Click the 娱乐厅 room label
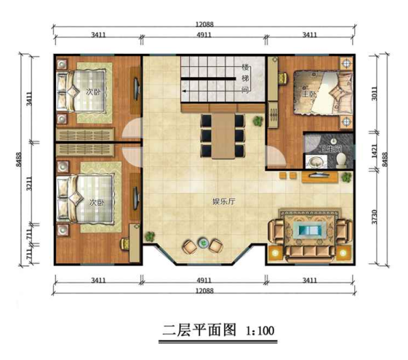click(x=224, y=201)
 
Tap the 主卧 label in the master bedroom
click(x=308, y=94)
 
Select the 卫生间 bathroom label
click(x=330, y=149)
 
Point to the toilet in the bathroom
click(x=341, y=160)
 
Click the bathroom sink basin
click(x=316, y=161)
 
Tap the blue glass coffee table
click(x=309, y=231)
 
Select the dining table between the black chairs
click(x=223, y=135)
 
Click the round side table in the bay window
click(x=203, y=243)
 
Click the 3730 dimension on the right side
click(x=374, y=217)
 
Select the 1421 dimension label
click(x=374, y=151)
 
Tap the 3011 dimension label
click(x=374, y=94)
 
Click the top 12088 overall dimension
click(x=204, y=25)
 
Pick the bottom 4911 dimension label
click(x=204, y=281)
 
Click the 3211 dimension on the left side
click(x=29, y=184)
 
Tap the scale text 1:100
click(x=260, y=331)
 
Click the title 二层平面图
click(x=199, y=330)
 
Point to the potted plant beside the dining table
click(x=258, y=121)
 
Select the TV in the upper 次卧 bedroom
click(x=137, y=89)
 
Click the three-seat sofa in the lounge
click(x=310, y=252)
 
